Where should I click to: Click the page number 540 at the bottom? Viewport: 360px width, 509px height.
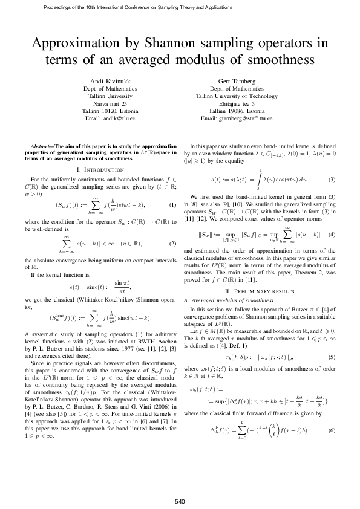tap(180, 485)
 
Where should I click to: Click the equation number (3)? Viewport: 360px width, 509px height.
tap(332, 180)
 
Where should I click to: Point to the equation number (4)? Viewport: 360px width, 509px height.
tap(332, 234)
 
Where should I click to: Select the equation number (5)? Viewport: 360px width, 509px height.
tap(332, 358)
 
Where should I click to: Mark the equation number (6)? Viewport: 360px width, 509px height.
tap(332, 430)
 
